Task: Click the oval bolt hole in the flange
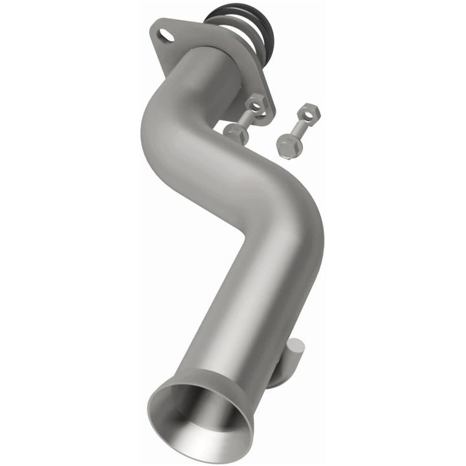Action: (166, 34)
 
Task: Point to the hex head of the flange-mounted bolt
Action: (235, 134)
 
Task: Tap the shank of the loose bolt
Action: (296, 128)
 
